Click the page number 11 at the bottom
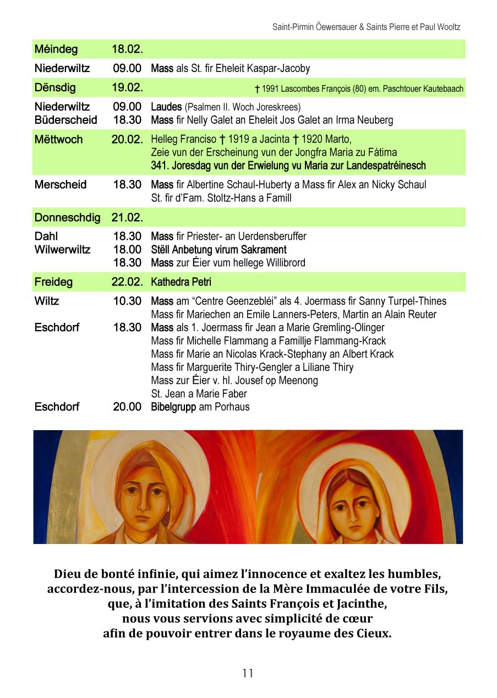click(248, 673)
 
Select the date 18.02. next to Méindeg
click(127, 50)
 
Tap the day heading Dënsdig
click(55, 88)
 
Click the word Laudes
click(167, 107)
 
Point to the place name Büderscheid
click(65, 120)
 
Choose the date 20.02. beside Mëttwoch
click(127, 140)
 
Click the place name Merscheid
click(61, 185)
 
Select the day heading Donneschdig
click(67, 218)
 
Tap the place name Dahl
click(46, 237)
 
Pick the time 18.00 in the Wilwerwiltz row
click(127, 250)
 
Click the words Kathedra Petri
click(181, 283)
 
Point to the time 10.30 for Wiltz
click(127, 301)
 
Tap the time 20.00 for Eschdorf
click(127, 407)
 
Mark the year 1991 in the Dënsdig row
click(270, 89)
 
